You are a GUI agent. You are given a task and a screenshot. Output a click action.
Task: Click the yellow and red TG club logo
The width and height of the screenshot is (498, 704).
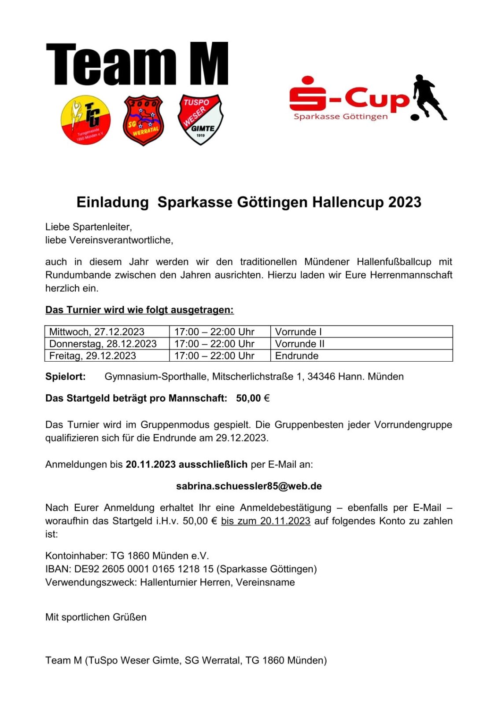point(85,120)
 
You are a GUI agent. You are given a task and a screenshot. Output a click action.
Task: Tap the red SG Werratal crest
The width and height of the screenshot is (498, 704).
point(144,120)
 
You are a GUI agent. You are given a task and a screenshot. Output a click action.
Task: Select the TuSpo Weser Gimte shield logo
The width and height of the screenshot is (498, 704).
point(200,119)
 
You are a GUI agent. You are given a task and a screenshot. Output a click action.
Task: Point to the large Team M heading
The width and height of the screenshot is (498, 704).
point(137,64)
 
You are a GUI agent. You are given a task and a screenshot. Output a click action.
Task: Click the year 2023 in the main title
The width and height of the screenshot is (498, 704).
point(404,202)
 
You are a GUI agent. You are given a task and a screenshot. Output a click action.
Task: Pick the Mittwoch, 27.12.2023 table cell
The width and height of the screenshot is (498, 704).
point(97,332)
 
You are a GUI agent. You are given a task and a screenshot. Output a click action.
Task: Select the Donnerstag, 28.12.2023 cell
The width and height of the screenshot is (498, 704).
point(103,344)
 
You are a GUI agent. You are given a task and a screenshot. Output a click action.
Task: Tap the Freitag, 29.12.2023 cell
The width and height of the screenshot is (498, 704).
point(93,356)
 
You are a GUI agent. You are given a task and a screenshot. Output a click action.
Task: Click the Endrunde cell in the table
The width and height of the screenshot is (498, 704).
point(297,356)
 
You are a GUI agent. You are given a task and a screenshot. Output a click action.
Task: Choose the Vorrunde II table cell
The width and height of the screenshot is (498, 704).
point(300,344)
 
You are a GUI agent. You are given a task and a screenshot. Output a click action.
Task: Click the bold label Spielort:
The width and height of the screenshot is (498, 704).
point(66,377)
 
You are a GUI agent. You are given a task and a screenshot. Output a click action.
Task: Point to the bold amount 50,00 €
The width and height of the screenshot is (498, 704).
point(253,398)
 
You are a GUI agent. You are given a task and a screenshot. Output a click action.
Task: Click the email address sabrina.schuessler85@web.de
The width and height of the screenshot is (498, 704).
point(249,486)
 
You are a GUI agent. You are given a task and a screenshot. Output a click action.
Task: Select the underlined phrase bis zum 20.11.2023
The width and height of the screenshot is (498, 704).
point(266,521)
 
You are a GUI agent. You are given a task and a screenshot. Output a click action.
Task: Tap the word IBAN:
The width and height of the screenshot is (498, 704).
point(58,569)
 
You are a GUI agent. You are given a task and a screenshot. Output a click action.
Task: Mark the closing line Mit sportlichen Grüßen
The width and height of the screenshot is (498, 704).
point(96,617)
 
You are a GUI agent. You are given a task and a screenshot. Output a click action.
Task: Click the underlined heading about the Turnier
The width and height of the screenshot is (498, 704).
point(140,310)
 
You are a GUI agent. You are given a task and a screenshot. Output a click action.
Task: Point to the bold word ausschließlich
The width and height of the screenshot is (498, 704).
point(213,464)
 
